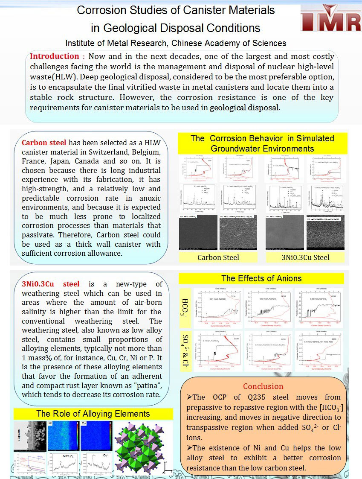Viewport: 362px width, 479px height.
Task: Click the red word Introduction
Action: tap(54, 56)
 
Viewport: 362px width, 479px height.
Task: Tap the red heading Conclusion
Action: tap(263, 386)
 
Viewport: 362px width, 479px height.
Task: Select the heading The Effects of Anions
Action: tap(261, 279)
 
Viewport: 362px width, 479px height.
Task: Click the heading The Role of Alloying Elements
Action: tap(93, 414)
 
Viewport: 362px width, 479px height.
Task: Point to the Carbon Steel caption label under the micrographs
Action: tap(218, 257)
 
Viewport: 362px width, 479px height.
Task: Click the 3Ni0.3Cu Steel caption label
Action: tap(305, 257)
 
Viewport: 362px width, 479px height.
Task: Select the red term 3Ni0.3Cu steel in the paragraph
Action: tap(50, 284)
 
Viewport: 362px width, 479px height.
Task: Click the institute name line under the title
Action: tap(176, 43)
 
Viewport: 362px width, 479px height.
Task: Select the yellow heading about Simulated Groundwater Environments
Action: tap(262, 143)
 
